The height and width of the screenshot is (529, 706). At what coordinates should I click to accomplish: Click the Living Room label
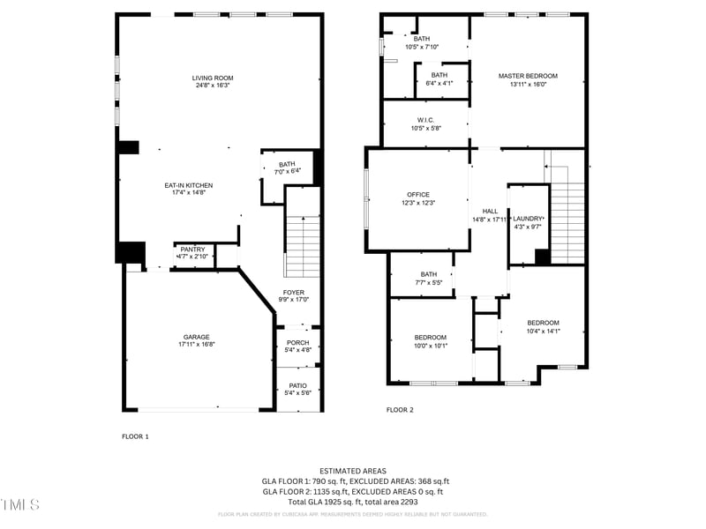(x=212, y=78)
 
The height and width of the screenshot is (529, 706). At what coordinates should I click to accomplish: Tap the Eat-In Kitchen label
(x=189, y=185)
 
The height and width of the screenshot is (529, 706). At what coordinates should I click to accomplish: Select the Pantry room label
(x=192, y=250)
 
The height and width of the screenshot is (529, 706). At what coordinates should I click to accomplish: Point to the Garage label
(x=196, y=337)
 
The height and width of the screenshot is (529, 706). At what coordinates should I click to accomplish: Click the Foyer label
(x=293, y=292)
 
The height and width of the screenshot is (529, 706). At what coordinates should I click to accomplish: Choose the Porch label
(x=298, y=342)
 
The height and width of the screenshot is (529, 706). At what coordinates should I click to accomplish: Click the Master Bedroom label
(x=528, y=76)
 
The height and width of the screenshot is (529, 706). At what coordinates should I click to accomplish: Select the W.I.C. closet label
(x=425, y=120)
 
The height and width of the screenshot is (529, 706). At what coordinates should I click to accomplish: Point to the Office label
(x=417, y=194)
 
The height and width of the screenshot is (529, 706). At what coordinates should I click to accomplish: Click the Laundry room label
(x=528, y=218)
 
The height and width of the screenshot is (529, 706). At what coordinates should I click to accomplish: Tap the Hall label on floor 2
(x=490, y=211)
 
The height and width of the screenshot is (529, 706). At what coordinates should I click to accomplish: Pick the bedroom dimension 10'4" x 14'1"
(x=543, y=332)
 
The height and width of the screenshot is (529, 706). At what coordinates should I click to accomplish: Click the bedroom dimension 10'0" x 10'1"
(x=431, y=346)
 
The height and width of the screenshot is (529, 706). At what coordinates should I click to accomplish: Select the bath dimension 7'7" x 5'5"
(x=429, y=283)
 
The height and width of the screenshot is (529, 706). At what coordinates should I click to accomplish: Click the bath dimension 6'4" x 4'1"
(x=439, y=84)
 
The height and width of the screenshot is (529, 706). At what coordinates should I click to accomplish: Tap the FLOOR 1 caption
(x=135, y=436)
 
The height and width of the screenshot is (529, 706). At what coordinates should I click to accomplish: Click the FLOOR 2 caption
(x=400, y=410)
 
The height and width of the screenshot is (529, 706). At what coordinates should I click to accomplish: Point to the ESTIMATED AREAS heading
(x=352, y=471)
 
